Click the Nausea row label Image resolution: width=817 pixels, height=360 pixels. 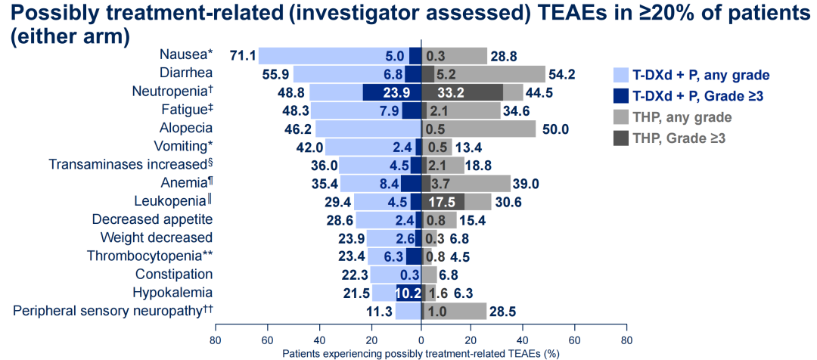(186, 55)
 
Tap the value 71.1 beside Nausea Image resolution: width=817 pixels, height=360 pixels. (243, 57)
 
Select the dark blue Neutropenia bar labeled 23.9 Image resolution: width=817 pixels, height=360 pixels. (392, 93)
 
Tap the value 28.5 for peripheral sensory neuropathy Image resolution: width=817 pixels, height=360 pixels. (503, 312)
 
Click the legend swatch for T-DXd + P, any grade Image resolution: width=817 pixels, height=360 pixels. (621, 75)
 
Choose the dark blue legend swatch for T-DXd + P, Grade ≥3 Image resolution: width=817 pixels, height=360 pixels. (621, 96)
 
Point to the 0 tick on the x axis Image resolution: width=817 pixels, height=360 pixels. (421, 340)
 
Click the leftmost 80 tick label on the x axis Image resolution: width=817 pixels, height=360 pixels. (216, 340)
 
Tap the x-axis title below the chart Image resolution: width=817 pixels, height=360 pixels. (421, 353)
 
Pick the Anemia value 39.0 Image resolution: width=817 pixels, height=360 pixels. (526, 184)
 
